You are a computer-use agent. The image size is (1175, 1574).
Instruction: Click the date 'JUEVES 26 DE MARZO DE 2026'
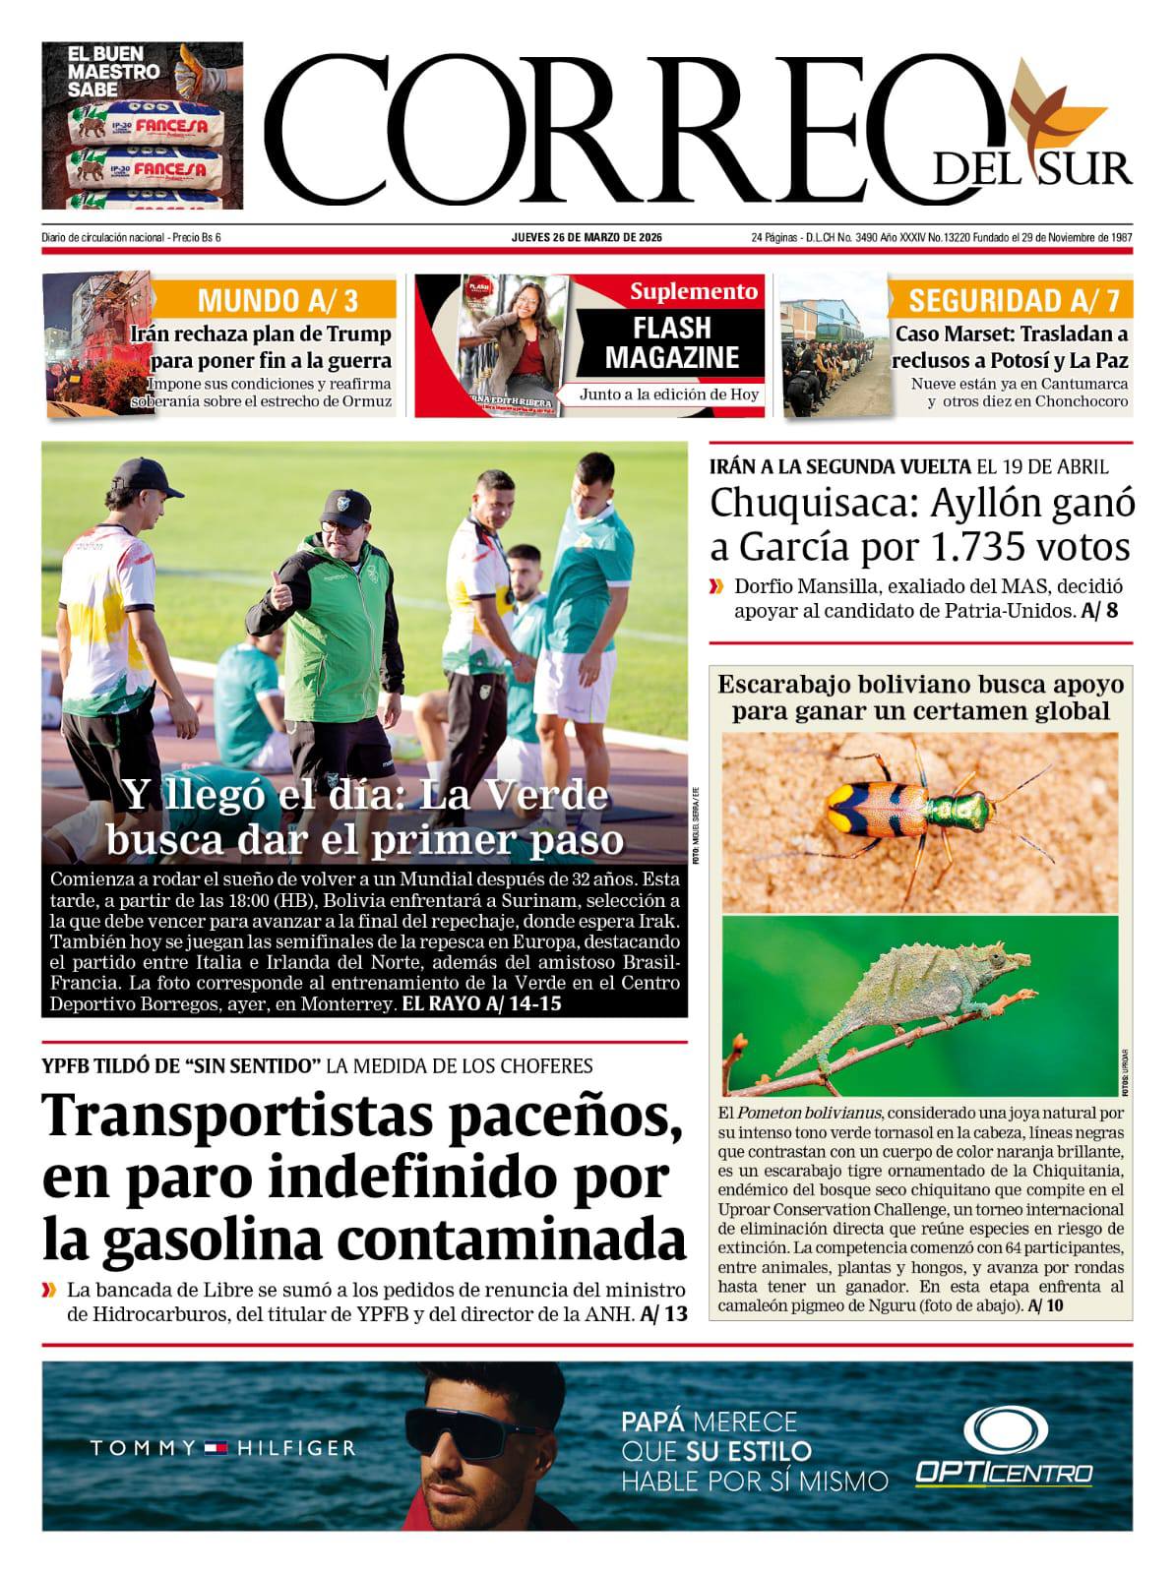(587, 238)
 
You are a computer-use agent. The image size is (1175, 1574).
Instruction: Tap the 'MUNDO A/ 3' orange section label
(277, 300)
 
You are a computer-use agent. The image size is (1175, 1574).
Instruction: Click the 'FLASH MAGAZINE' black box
(671, 342)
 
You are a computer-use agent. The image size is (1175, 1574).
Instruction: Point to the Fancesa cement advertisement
(143, 125)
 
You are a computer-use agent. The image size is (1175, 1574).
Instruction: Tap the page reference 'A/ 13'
(663, 1315)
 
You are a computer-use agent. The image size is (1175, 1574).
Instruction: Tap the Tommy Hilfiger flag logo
(216, 1447)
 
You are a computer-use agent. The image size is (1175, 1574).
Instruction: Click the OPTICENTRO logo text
(1003, 1473)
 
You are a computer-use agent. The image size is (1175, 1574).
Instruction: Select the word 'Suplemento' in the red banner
(694, 291)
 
